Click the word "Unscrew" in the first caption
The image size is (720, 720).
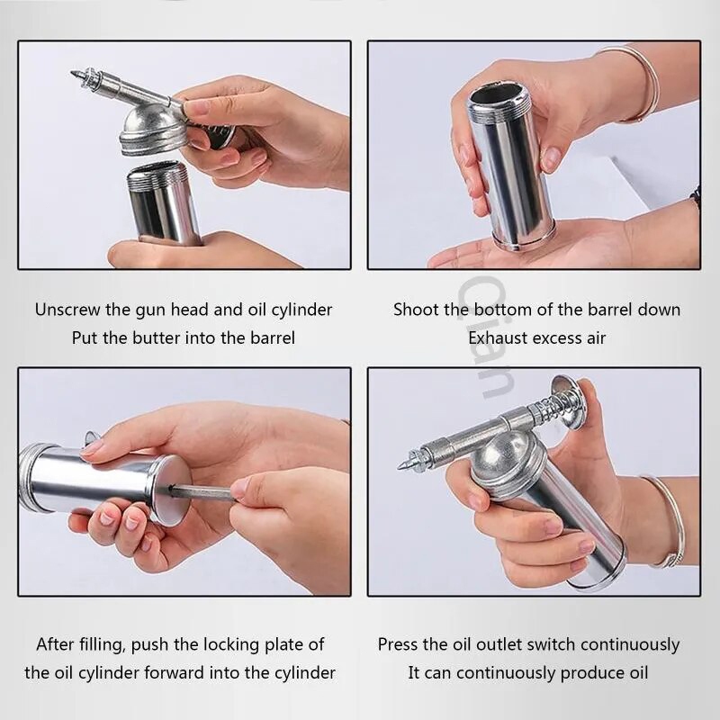(x=67, y=310)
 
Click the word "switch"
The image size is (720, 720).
(x=551, y=644)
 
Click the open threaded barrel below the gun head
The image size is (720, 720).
(x=164, y=202)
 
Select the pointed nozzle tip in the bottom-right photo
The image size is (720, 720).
(x=403, y=466)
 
